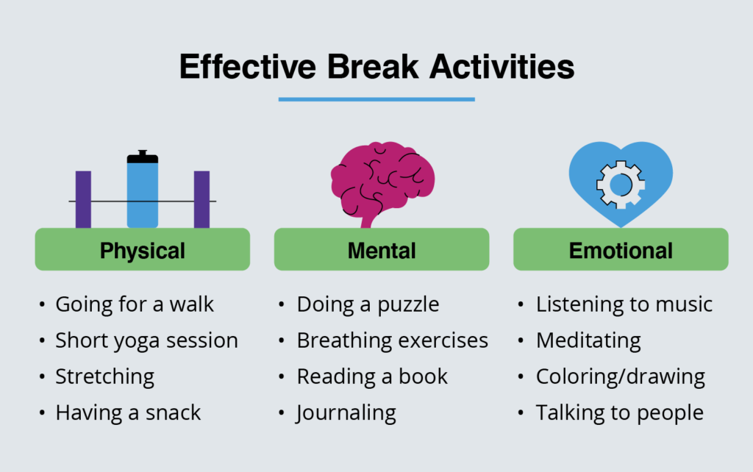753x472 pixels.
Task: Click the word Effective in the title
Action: pyautogui.click(x=248, y=66)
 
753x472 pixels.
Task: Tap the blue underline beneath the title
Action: pyautogui.click(x=376, y=99)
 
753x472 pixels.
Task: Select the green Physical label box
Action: pyautogui.click(x=143, y=249)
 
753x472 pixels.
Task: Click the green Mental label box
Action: pyautogui.click(x=382, y=249)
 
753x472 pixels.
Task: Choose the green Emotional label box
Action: pyautogui.click(x=621, y=249)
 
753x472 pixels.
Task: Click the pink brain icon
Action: pyautogui.click(x=382, y=182)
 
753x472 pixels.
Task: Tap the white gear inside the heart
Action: pyautogui.click(x=621, y=185)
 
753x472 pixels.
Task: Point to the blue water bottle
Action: pyautogui.click(x=143, y=192)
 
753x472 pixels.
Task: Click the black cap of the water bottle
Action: pyautogui.click(x=143, y=157)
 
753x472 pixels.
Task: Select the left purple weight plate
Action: pyautogui.click(x=83, y=199)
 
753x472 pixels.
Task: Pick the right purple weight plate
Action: pyautogui.click(x=201, y=199)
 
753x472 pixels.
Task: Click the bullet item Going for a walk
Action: pyautogui.click(x=135, y=304)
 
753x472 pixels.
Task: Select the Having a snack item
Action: pyautogui.click(x=128, y=412)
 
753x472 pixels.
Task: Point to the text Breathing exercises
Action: pyautogui.click(x=393, y=340)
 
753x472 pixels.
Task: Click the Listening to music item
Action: pyautogui.click(x=624, y=304)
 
